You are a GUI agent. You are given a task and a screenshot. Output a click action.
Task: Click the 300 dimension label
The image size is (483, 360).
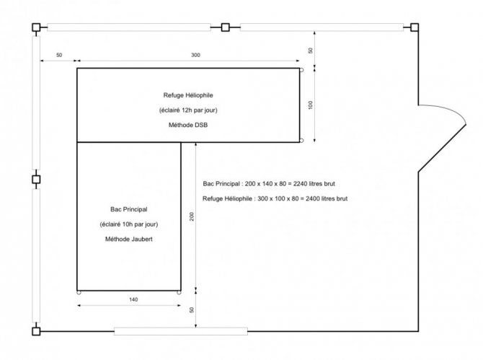click(x=195, y=55)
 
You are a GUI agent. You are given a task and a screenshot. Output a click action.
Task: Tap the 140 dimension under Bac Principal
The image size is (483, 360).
click(x=133, y=299)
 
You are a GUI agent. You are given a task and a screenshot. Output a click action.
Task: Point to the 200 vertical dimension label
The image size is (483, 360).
click(x=192, y=216)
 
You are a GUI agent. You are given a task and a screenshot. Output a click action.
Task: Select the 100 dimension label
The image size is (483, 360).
click(x=310, y=105)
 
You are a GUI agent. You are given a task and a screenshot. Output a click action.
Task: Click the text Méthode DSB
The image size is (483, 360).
click(x=188, y=125)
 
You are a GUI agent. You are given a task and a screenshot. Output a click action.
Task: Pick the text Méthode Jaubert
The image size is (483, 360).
click(x=129, y=239)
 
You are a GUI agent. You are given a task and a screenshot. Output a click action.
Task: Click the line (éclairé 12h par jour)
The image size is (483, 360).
click(x=188, y=110)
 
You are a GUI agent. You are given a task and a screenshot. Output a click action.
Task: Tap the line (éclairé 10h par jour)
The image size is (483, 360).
click(x=129, y=224)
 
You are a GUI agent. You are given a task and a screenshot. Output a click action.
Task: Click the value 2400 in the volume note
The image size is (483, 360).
click(x=312, y=198)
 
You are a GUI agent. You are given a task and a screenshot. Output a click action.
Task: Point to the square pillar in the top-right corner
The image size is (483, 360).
click(x=415, y=27)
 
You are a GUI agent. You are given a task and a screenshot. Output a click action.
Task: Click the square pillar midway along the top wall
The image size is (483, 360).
click(x=225, y=27)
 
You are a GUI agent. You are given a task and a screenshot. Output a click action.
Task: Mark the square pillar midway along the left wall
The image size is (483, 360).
click(x=36, y=179)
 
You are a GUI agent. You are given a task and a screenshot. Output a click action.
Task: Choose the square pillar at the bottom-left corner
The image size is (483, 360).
click(x=36, y=331)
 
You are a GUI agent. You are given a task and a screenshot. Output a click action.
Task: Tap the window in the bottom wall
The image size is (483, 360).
click(x=181, y=331)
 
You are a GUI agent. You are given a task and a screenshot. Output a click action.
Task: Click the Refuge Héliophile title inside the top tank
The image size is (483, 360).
click(x=188, y=95)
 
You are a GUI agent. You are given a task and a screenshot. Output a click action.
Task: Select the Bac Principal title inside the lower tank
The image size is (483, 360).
click(x=129, y=209)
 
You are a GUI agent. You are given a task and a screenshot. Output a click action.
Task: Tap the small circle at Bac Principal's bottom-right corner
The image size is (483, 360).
click(x=179, y=292)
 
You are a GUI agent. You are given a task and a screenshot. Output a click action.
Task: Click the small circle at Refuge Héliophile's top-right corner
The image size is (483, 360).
click(x=301, y=70)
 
